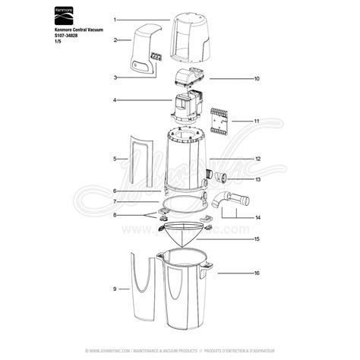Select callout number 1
point(115,18)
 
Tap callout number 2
point(115,39)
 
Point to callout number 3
point(115,77)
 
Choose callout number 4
point(115,100)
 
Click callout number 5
point(115,159)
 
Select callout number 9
point(115,289)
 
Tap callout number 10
point(257,78)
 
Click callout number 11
point(257,121)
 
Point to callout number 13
point(257,180)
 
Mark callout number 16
point(257,272)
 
